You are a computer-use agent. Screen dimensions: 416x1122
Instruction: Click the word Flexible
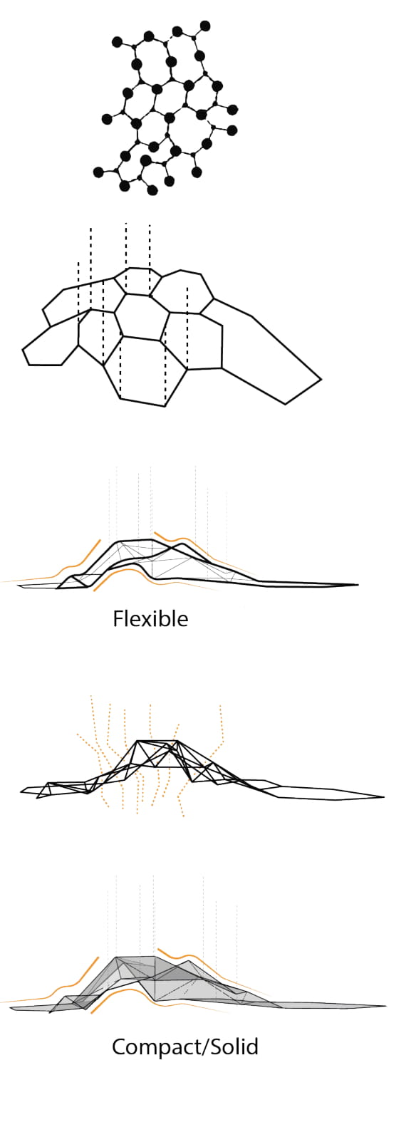point(150,619)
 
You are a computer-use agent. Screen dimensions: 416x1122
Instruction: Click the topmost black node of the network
point(204,26)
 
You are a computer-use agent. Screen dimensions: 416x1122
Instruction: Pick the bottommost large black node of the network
point(152,189)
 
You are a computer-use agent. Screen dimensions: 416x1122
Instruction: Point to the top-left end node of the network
point(117,41)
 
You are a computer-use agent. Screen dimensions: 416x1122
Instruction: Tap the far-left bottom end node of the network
point(98,172)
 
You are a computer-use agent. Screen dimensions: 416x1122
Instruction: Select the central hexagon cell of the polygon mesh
point(142,316)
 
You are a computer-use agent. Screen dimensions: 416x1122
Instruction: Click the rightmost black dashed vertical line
point(187,328)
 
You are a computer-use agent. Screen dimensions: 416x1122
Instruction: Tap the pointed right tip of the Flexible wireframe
point(358,585)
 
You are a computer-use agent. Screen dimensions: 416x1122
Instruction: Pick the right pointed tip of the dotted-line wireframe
point(384,797)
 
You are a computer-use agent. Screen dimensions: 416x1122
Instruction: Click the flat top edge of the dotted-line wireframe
point(156,741)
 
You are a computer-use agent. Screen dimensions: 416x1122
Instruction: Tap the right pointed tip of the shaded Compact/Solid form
point(386,1006)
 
